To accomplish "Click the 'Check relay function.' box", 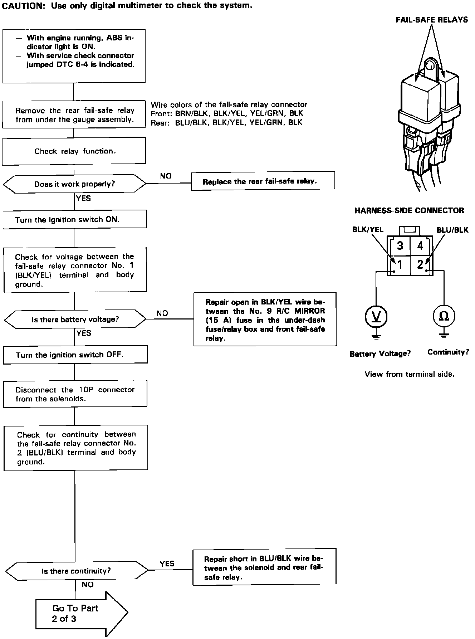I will click(x=74, y=151).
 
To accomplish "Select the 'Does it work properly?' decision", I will click(x=74, y=184).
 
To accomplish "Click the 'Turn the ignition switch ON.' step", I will click(x=74, y=219).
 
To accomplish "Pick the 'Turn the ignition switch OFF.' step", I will click(x=75, y=355).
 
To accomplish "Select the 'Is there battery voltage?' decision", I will click(x=75, y=319).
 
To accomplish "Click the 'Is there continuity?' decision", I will click(x=76, y=571).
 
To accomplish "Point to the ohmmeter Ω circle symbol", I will click(x=444, y=316).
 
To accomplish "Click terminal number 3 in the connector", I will click(x=400, y=245).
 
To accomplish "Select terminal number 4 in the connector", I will click(x=420, y=245).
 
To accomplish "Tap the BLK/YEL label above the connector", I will click(x=368, y=230).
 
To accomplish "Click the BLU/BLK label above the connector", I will click(x=452, y=230).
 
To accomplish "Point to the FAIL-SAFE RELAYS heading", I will click(x=431, y=20).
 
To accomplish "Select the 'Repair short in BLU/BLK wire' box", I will click(x=264, y=568).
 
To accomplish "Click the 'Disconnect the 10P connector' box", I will click(x=75, y=394).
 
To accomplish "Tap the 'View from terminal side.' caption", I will click(x=409, y=374).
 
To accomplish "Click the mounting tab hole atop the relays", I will click(x=431, y=65).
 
